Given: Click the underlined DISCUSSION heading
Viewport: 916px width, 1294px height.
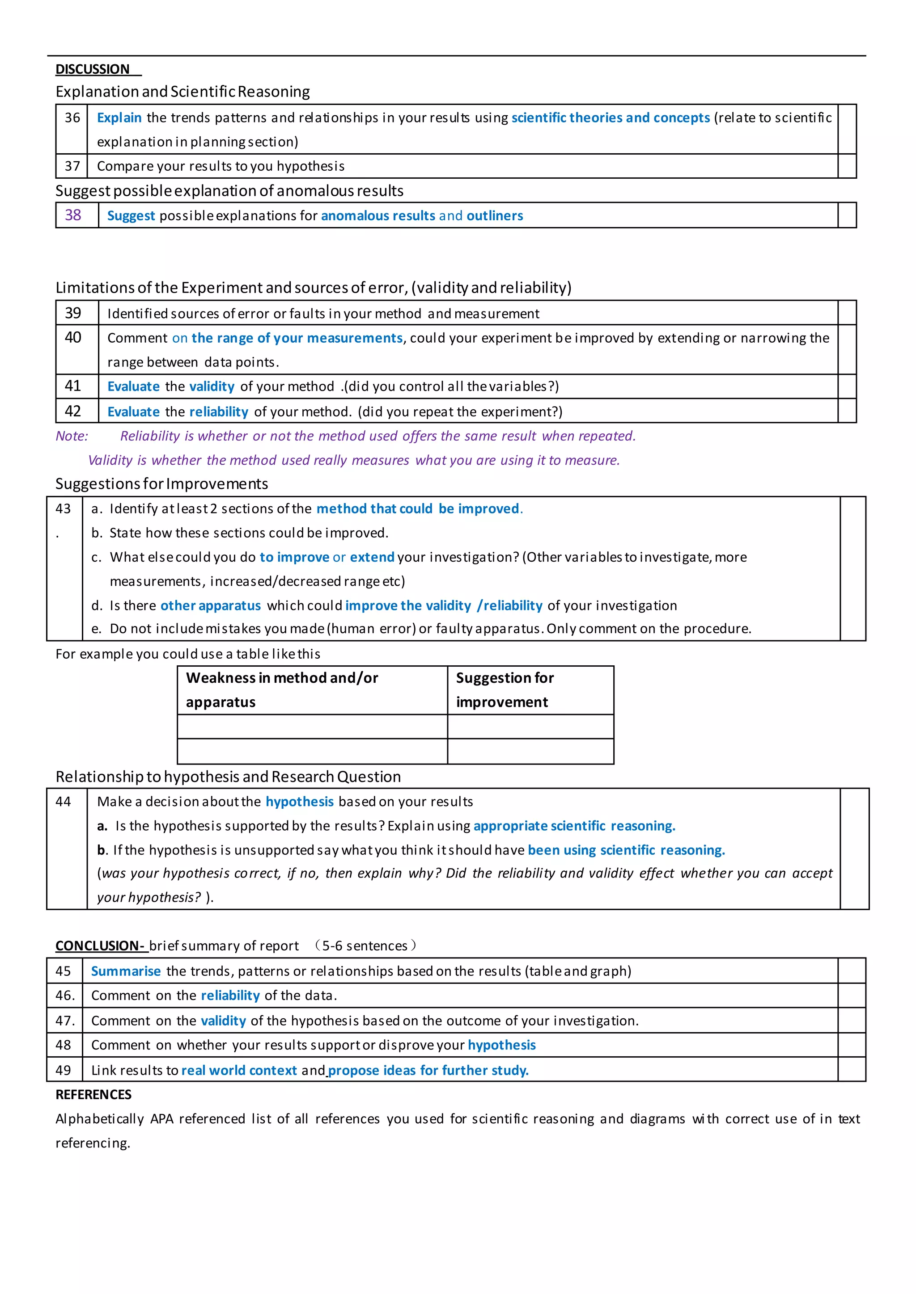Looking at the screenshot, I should [x=93, y=69].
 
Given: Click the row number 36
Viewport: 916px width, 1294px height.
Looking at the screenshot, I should [x=72, y=118].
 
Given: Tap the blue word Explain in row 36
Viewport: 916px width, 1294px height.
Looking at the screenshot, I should [x=119, y=118].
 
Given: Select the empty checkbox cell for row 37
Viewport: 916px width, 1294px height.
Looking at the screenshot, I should [x=847, y=166].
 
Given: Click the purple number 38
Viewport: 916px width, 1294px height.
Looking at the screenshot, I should [x=73, y=215].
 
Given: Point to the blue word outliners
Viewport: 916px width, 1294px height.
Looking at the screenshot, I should [x=495, y=216].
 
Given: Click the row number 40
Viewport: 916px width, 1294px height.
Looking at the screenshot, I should [x=73, y=338].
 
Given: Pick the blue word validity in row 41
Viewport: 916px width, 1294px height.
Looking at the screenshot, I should [x=212, y=387].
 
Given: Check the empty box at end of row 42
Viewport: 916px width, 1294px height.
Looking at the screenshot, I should [x=847, y=412].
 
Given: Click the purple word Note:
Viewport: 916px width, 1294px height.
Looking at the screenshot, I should [x=72, y=436].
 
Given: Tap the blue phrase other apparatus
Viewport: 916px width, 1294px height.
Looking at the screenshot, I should [x=210, y=606].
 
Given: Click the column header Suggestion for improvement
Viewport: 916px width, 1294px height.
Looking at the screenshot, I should [x=505, y=690].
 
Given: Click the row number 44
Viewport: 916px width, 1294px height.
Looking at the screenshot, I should [x=63, y=802].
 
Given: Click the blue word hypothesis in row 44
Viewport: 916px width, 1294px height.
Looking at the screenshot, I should [x=300, y=802].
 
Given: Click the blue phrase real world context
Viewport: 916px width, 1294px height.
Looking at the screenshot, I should [x=239, y=1071].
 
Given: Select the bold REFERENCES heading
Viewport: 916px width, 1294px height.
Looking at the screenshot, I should [x=93, y=1095].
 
